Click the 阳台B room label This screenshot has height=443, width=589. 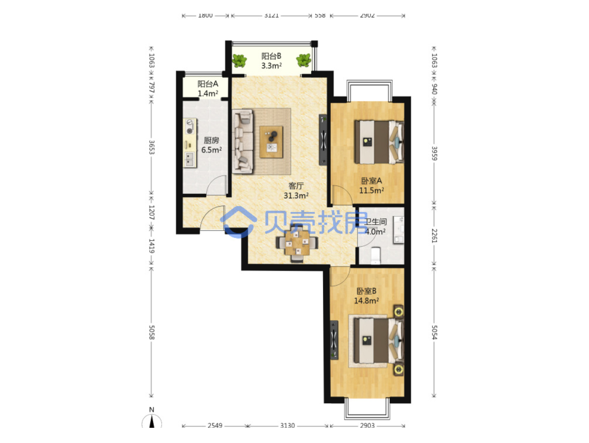pos(271,61)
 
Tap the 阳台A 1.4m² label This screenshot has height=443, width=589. pos(208,88)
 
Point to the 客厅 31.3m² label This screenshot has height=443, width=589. pos(296,191)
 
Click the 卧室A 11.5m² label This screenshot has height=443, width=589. pos(372,185)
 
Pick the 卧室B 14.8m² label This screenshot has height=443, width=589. pos(366,296)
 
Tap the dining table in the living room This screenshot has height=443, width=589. pos(297,243)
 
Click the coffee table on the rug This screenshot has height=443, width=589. pos(271,142)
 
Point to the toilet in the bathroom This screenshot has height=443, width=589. pos(375,255)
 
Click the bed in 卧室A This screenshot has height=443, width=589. pos(379,142)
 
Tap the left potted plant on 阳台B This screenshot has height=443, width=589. pos(239,61)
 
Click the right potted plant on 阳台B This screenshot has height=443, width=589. pos(303,60)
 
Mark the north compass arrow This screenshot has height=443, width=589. pos(152,420)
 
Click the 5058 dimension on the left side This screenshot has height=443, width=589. pos(152,332)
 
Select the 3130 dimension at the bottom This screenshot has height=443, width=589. pos(288,425)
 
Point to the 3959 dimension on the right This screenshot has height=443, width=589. pos(434,153)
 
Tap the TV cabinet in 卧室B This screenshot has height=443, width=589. pos(334,340)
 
